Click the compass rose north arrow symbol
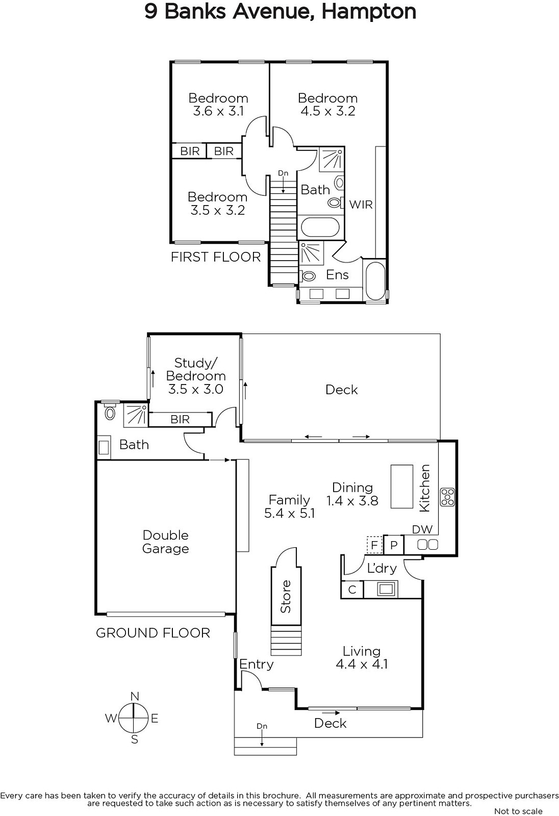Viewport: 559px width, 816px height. [134, 718]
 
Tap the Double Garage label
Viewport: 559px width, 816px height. [165, 542]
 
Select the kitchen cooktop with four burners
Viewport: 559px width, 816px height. [447, 497]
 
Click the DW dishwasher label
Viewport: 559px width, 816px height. [422, 529]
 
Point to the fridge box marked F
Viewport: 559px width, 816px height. [374, 545]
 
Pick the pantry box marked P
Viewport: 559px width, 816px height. [394, 545]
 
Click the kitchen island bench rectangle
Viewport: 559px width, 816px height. [401, 487]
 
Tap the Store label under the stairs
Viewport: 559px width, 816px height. [286, 596]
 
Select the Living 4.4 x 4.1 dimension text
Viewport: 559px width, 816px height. [362, 664]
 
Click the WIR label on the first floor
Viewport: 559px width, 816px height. [361, 205]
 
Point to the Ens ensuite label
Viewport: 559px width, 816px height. [337, 275]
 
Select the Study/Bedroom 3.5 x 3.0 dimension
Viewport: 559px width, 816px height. [196, 389]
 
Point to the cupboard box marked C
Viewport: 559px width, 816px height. [352, 590]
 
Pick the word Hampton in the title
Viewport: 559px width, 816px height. [369, 12]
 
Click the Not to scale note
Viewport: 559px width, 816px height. [518, 811]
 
